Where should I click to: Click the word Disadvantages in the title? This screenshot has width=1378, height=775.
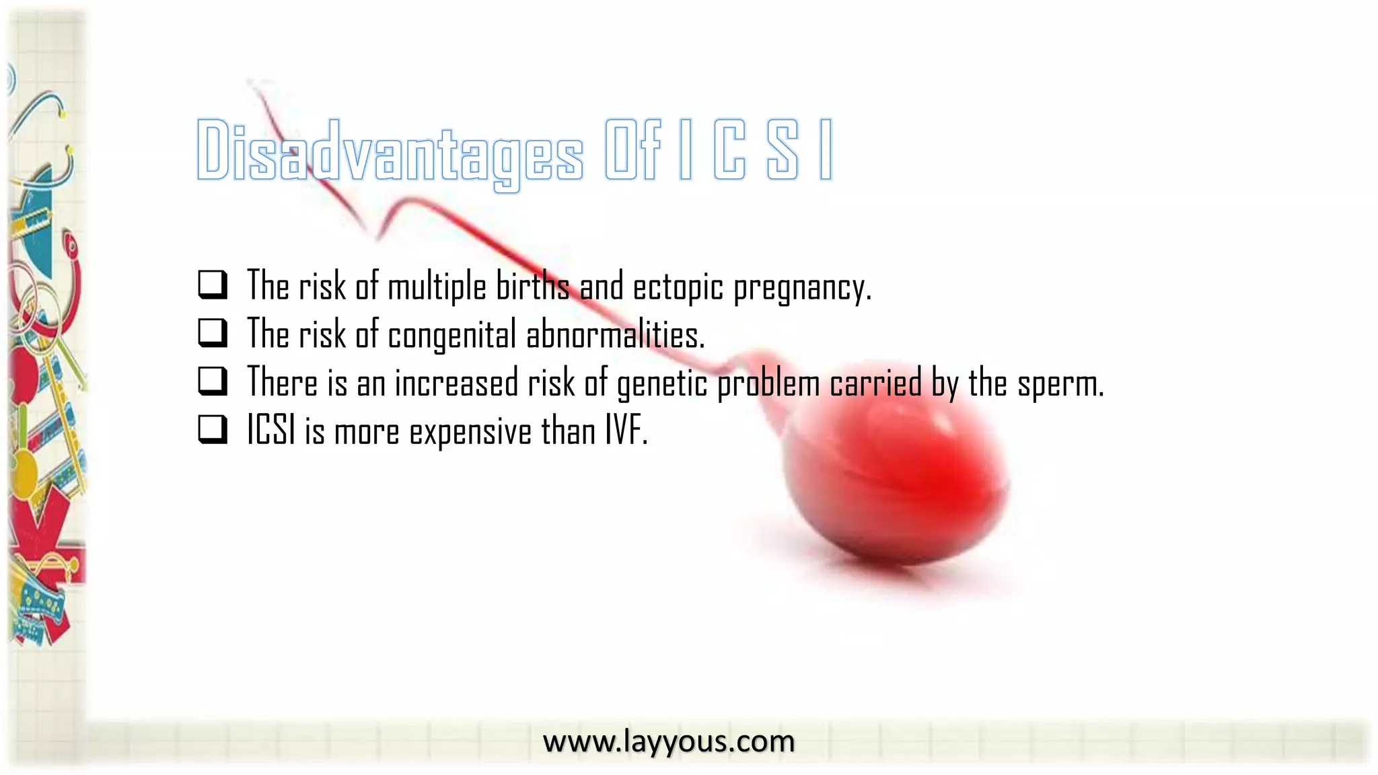[390, 151]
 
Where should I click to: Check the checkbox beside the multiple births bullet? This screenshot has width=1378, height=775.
[212, 285]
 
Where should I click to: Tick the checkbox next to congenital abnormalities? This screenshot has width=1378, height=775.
[212, 333]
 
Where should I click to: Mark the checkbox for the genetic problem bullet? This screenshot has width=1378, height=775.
[212, 381]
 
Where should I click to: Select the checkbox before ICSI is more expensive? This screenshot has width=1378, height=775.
[212, 430]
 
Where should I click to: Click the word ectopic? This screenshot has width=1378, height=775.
[678, 287]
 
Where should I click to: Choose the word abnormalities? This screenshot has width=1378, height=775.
[614, 334]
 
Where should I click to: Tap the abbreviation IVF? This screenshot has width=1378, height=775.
[625, 431]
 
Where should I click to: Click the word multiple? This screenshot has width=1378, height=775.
[437, 287]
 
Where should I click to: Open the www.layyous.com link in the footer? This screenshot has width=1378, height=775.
[668, 741]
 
